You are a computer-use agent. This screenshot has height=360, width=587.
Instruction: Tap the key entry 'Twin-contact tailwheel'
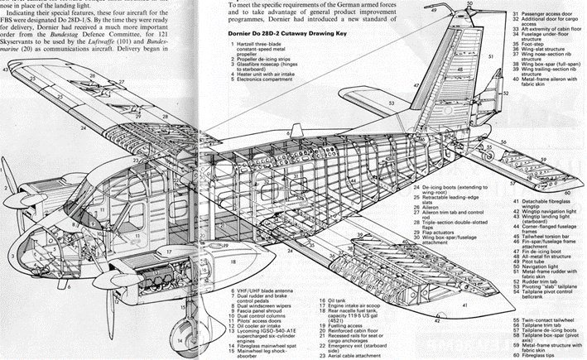[x=553, y=318]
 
